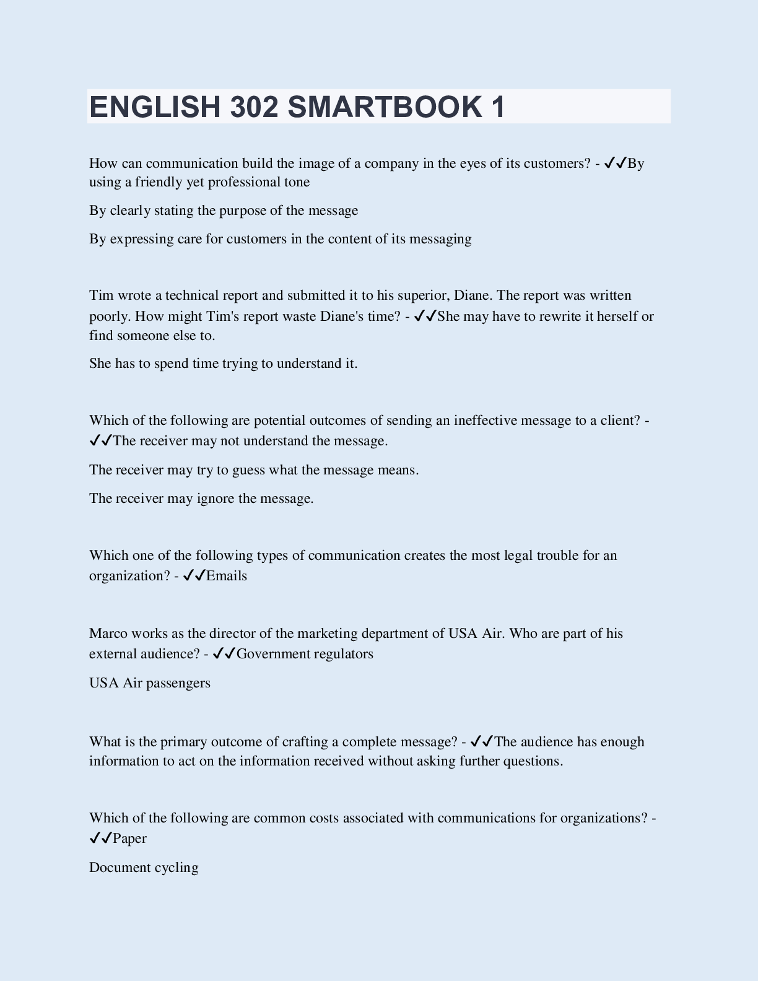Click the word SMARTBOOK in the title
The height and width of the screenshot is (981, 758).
(x=384, y=107)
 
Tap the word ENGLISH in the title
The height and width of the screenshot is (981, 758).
(x=155, y=107)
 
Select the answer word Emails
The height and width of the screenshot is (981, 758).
(x=227, y=576)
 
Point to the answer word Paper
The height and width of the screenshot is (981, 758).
(x=130, y=839)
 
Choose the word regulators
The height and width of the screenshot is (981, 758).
(x=343, y=654)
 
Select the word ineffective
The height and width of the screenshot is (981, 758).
(x=486, y=421)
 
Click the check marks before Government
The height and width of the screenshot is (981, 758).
(x=224, y=654)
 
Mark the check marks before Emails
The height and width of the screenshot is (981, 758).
(x=194, y=576)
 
